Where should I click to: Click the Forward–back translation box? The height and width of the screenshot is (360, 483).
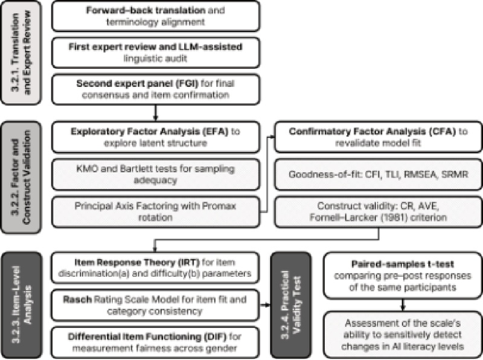point(156,16)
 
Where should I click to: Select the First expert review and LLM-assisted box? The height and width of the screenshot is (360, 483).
point(156,53)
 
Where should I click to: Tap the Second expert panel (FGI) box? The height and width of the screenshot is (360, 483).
point(156,90)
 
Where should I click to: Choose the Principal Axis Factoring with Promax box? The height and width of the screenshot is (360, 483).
point(156,211)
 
